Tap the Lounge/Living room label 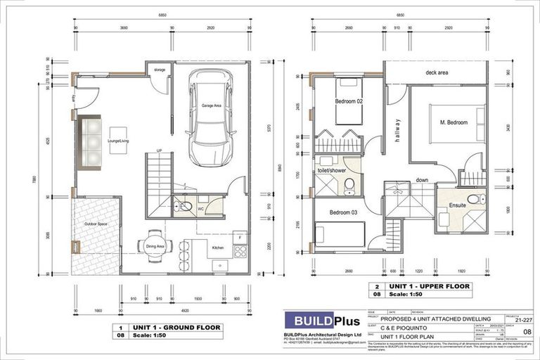[x=117, y=140]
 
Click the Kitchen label [x=217, y=248]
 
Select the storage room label [x=160, y=70]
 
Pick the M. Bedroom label [x=454, y=122]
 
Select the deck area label [x=437, y=72]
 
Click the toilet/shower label [x=330, y=169]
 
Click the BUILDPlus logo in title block [x=321, y=323]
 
